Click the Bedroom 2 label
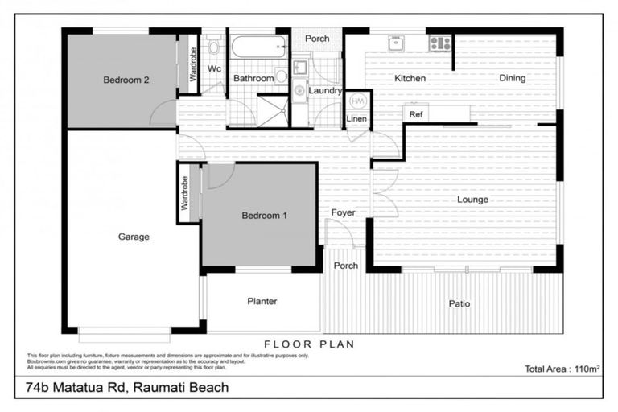click(x=126, y=80)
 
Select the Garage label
click(x=134, y=237)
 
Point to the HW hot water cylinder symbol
click(x=357, y=101)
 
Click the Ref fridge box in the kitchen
click(x=415, y=114)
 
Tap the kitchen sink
click(x=396, y=43)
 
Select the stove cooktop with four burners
click(x=439, y=43)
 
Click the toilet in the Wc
click(x=213, y=46)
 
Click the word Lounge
click(x=472, y=200)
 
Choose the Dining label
click(x=512, y=78)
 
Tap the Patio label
click(x=459, y=303)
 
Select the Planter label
click(x=262, y=302)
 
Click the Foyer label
click(x=344, y=213)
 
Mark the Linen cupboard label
click(x=356, y=119)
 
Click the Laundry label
click(x=325, y=91)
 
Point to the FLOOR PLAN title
click(x=309, y=344)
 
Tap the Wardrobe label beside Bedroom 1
click(x=184, y=194)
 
